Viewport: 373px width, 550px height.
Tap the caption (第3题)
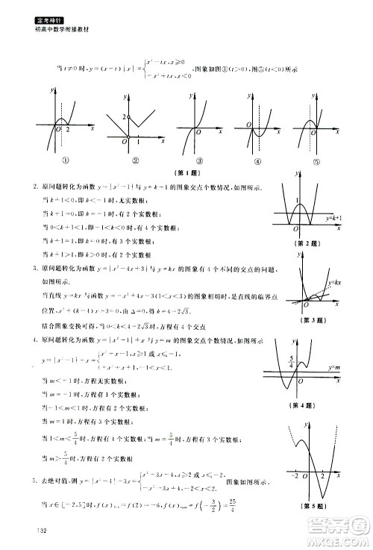coord(307,320)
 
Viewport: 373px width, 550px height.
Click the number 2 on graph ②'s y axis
coord(125,117)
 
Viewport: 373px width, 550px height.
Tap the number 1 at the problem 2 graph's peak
coord(298,199)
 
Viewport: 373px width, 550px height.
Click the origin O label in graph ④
coord(249,132)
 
